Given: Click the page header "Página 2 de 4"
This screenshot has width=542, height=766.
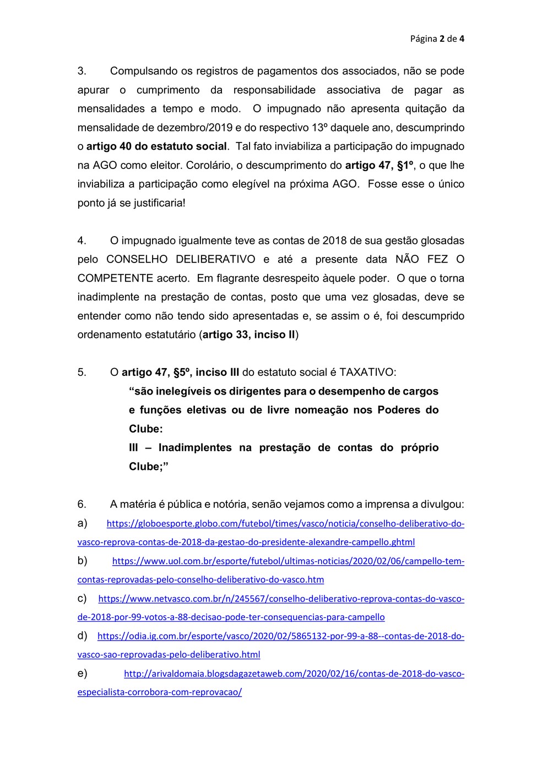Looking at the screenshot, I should [437, 39].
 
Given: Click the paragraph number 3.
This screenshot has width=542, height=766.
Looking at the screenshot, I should [81, 71].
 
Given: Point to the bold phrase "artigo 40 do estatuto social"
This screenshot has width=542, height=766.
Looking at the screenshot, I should [156, 146].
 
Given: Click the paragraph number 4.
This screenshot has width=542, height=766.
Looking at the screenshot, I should [82, 240].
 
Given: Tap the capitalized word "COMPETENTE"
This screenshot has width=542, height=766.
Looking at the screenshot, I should [115, 278].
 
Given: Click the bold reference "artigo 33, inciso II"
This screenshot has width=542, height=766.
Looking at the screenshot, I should [249, 335].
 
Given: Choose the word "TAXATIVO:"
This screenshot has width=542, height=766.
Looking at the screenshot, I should [367, 372].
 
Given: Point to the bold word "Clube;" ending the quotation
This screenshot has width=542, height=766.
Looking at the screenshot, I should [148, 466].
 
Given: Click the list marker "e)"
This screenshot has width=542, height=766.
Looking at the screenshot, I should [82, 673].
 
